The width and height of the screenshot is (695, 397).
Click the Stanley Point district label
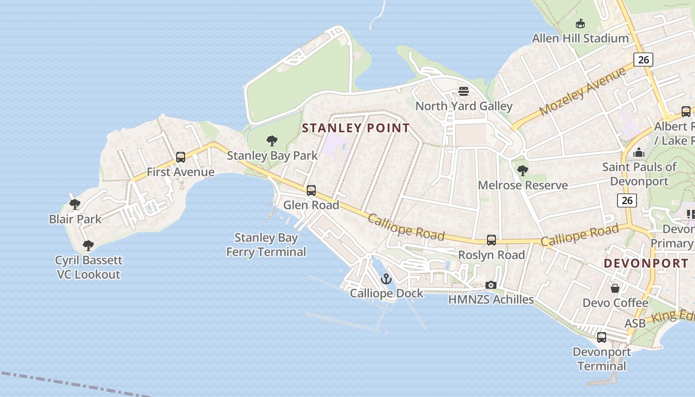[x=356, y=128]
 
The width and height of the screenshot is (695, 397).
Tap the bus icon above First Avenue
[x=181, y=157]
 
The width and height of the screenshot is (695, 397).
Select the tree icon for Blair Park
[x=75, y=204]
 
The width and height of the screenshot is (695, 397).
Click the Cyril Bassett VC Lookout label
[x=88, y=267]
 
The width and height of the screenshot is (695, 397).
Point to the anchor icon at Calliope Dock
[x=386, y=279]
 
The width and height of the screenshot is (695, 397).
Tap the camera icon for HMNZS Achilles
[x=491, y=285]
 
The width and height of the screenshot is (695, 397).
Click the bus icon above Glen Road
[x=311, y=190]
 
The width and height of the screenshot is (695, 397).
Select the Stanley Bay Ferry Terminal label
[x=266, y=245]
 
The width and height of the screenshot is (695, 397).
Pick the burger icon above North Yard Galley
[x=464, y=91]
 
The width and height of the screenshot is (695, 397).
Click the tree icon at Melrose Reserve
[x=522, y=171]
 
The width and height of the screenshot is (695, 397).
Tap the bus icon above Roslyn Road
[x=491, y=240]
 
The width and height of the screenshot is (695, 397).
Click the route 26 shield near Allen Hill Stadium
[x=643, y=60]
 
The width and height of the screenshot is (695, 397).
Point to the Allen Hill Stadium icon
[x=580, y=23]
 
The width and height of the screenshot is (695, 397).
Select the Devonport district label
[x=646, y=264]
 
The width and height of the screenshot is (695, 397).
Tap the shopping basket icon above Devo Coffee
[x=615, y=288]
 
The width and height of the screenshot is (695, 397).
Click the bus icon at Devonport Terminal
[x=602, y=337]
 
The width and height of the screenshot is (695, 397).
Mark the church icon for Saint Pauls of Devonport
[x=639, y=152]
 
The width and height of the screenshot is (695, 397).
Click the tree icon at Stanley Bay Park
[x=272, y=141]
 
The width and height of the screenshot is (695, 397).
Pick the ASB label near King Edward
[x=635, y=324]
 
